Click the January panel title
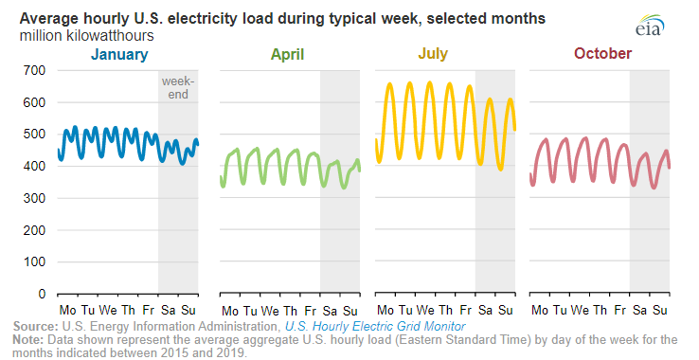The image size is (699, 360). [x=119, y=55]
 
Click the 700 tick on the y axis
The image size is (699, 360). [x=35, y=70]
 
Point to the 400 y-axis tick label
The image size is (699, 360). [x=35, y=166]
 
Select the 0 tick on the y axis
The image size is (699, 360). [x=43, y=294]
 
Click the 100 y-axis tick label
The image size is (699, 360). [x=35, y=261]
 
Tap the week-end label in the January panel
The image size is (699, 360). [x=178, y=87]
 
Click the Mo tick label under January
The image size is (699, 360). [x=68, y=311]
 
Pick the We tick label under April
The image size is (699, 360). [x=270, y=311]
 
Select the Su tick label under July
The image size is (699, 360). [x=506, y=311]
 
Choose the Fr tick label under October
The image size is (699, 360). [x=620, y=311]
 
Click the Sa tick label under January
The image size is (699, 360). [x=168, y=311]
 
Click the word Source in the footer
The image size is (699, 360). [x=35, y=326]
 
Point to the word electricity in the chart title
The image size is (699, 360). [x=195, y=19]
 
